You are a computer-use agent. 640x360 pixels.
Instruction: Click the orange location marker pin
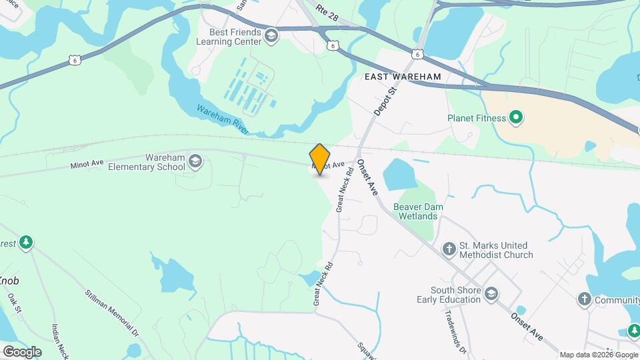coord(320,159)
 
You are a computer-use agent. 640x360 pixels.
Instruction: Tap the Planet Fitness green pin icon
coord(515,119)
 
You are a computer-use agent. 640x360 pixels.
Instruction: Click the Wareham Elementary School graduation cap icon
coord(195,161)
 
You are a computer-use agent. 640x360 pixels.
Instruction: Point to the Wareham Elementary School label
coord(146,162)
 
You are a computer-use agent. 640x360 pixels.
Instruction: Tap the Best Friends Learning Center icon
coord(271,36)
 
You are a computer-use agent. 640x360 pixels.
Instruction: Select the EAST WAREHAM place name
coord(403,77)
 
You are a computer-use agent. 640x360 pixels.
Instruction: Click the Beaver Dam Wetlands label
coord(419,211)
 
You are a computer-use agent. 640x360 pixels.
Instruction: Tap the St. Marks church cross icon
coord(450,249)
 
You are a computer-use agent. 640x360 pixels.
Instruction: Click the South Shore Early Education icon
coord(491,294)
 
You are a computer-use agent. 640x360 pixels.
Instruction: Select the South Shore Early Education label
coord(455,295)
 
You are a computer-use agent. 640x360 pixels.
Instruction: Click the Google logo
coord(22,351)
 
